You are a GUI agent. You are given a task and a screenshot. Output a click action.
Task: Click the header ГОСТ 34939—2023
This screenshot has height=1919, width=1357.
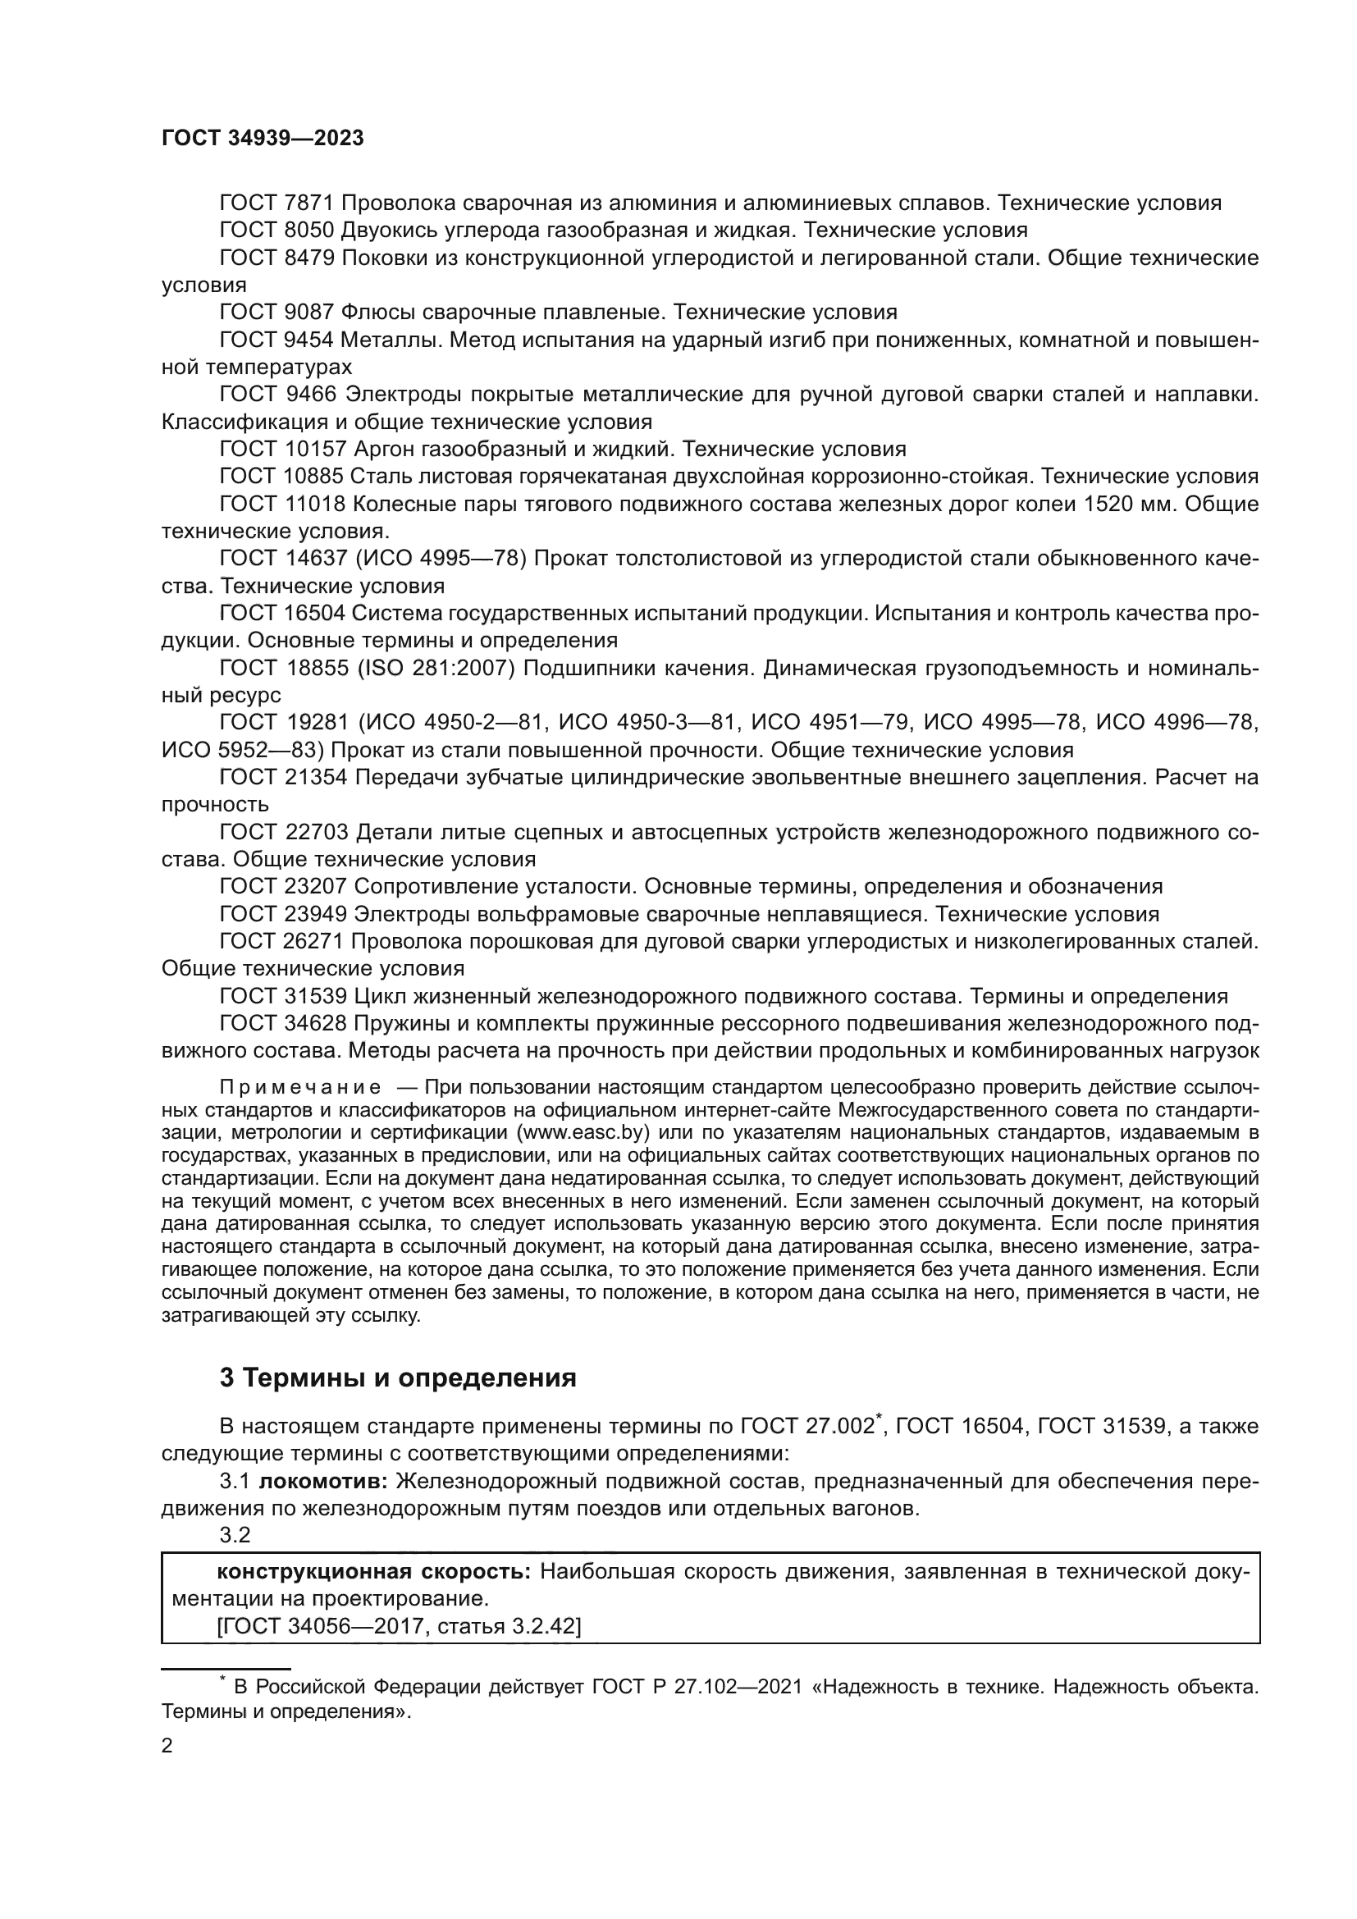point(263,139)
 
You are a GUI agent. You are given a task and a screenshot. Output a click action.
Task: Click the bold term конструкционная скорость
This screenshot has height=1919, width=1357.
point(373,1571)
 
